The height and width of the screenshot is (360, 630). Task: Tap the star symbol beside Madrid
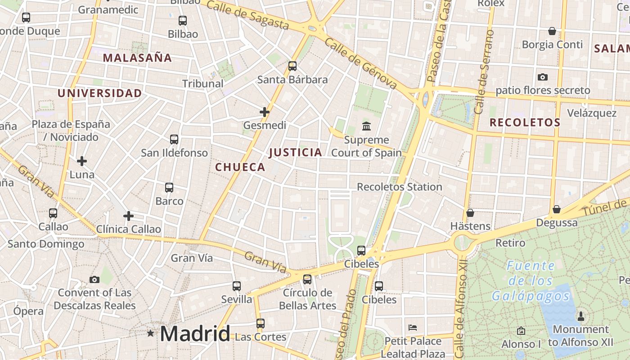pos(150,333)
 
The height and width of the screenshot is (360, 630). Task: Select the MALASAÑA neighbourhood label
pos(137,58)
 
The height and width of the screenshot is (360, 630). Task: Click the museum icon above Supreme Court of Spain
pos(366,126)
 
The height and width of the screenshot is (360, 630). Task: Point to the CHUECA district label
pos(240,167)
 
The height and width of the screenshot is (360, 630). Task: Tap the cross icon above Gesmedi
pos(265,112)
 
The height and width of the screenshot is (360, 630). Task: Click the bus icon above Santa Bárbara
pos(292,66)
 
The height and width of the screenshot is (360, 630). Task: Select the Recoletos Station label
pos(399,187)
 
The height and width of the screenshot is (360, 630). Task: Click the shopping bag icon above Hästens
pos(470,212)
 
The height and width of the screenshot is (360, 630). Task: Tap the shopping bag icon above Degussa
pos(557,209)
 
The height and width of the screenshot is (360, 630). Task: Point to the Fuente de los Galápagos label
pos(531,281)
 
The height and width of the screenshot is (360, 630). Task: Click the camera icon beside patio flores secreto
pos(543,77)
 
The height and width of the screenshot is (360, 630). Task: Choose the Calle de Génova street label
pos(360,63)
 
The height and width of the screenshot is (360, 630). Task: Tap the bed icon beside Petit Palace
pos(413,327)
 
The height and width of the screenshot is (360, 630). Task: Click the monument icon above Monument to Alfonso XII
pos(580,316)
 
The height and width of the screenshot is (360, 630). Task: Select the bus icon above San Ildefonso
pos(174,139)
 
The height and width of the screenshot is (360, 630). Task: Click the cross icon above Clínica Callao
pos(129,216)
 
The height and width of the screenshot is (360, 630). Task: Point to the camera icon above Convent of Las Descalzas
pos(94,279)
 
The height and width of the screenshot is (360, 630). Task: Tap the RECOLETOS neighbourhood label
pos(525,122)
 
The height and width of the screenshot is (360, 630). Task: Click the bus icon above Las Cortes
pos(261,323)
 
